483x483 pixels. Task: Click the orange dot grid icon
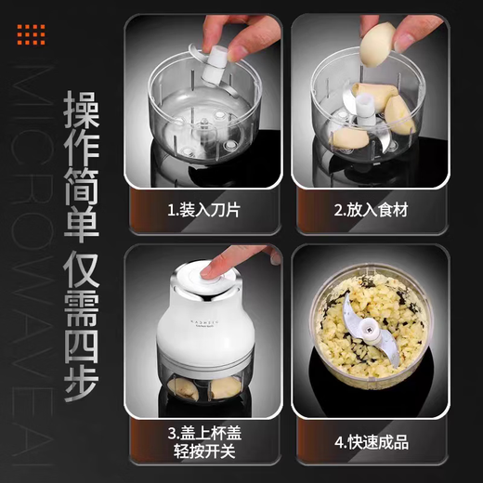31,33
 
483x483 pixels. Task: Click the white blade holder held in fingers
211,66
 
